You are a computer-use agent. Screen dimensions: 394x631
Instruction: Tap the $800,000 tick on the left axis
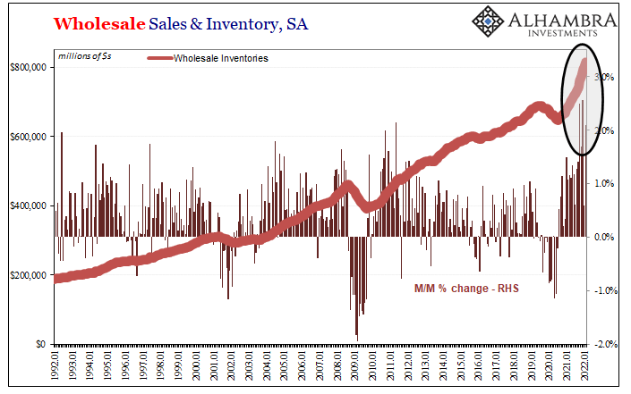point(28,67)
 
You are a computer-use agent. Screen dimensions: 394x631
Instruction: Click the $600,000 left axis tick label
point(28,137)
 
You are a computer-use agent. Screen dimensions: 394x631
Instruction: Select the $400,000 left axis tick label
point(28,205)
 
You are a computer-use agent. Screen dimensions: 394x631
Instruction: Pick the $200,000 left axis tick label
point(28,274)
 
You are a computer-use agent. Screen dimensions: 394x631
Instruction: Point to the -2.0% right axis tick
point(605,344)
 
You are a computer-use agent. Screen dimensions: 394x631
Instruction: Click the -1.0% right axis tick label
point(605,290)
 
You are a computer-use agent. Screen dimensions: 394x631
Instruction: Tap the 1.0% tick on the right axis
point(607,184)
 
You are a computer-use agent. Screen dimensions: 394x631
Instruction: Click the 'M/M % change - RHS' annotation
point(465,289)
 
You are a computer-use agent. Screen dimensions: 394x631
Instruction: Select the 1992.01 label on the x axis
point(55,365)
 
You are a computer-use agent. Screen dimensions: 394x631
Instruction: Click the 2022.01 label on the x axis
point(584,365)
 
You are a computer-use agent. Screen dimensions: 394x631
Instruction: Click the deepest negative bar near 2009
point(356,336)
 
